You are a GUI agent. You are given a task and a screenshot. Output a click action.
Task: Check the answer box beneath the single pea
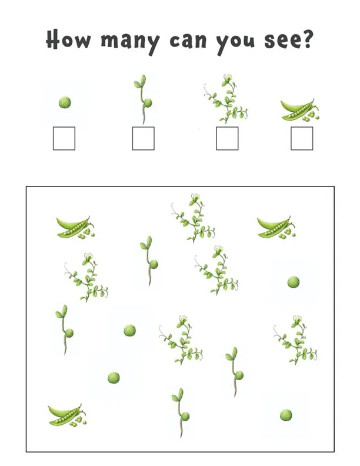[x=64, y=138]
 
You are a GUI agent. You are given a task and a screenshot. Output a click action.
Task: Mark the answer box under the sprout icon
[x=143, y=138]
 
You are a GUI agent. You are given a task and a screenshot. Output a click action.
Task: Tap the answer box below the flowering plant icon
[x=227, y=138]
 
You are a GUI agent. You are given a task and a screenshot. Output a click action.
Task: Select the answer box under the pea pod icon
[x=302, y=138]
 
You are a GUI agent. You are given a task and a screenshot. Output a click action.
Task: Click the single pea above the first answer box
[x=65, y=103]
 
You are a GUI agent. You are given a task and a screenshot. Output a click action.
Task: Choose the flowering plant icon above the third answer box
[x=226, y=98]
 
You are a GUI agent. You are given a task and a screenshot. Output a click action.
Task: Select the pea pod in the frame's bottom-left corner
[x=66, y=415]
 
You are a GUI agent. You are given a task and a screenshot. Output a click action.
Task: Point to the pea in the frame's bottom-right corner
[x=286, y=415]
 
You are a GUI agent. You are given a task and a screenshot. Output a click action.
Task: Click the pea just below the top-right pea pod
[x=293, y=282]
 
